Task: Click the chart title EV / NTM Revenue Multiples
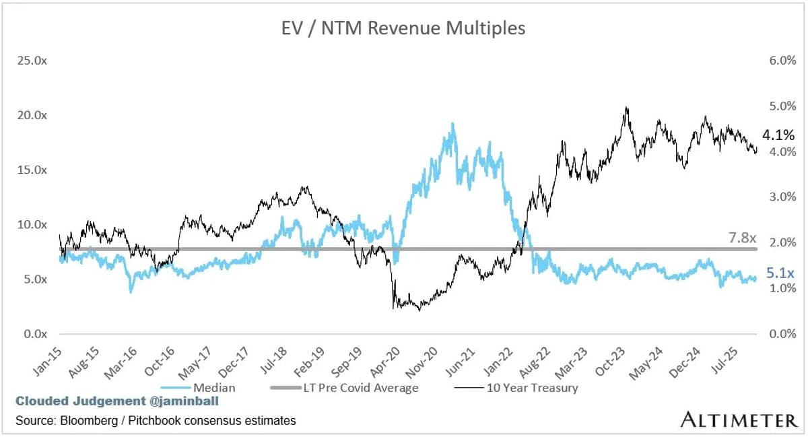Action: click(x=403, y=28)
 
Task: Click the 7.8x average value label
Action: click(x=743, y=238)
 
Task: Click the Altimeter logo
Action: click(x=738, y=420)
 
